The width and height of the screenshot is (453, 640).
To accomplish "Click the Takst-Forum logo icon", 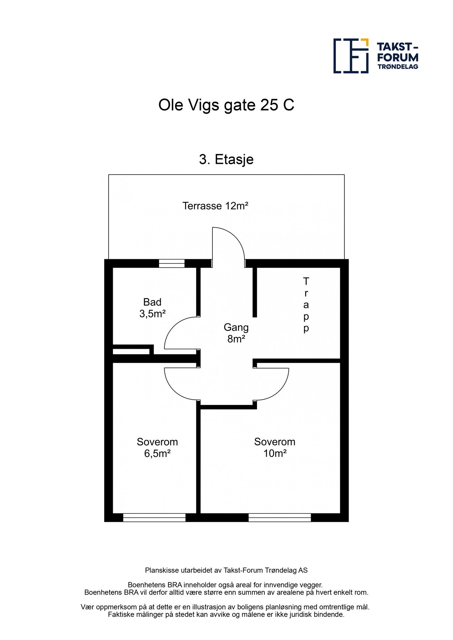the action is coord(351,56).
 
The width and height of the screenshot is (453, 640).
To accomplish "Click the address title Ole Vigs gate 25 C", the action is coord(226,105).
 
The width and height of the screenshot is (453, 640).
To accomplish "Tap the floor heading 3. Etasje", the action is coord(226,159).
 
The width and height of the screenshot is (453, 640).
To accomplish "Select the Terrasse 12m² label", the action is coord(215,206).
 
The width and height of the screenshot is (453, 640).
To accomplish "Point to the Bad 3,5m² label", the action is coord(152,308).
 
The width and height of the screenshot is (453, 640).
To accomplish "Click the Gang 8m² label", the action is coord(236,333).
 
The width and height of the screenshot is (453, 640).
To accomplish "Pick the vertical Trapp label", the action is coord(306,305).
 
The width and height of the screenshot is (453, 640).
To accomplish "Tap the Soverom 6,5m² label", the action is coord(157,448).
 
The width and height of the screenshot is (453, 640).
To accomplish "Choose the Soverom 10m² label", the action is coord(275,448).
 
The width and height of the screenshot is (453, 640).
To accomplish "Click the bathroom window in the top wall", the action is coord(172,263).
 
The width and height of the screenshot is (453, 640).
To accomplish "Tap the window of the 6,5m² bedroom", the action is coord(154,518).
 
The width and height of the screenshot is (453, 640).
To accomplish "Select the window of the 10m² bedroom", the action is coord(280,518).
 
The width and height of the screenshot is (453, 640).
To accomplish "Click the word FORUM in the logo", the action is coord(398,58).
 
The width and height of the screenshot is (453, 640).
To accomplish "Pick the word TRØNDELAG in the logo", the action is coord(398,67).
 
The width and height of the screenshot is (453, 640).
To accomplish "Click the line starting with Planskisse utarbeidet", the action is coord(226,570).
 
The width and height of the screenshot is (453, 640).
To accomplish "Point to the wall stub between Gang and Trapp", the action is coord(255,292).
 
